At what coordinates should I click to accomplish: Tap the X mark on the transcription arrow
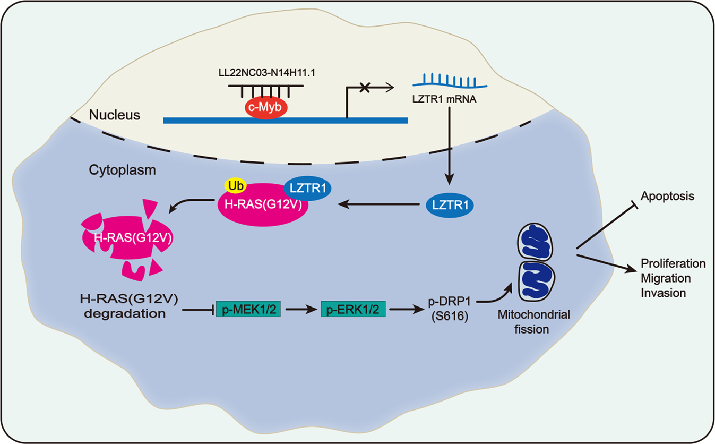365,87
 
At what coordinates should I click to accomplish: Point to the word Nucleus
115,115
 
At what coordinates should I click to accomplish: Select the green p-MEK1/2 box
248,309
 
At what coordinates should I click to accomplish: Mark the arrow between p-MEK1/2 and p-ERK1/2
300,309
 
